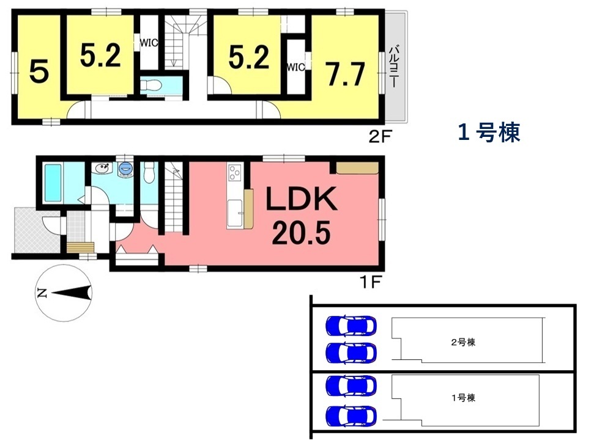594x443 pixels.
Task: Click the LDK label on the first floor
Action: pyautogui.click(x=302, y=199)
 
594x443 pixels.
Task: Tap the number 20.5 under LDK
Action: pyautogui.click(x=301, y=233)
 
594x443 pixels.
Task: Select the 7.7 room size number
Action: pyautogui.click(x=346, y=74)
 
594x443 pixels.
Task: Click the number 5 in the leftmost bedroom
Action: pyautogui.click(x=39, y=72)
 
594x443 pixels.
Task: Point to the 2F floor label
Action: pyautogui.click(x=379, y=137)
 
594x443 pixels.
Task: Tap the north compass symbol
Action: pyautogui.click(x=64, y=293)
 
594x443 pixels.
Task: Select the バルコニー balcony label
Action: pyautogui.click(x=393, y=67)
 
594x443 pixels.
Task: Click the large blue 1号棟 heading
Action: pyautogui.click(x=489, y=133)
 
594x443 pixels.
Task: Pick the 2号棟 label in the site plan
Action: pyautogui.click(x=463, y=342)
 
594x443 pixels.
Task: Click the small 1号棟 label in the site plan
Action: pyautogui.click(x=463, y=398)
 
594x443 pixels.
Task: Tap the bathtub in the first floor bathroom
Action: pyautogui.click(x=53, y=183)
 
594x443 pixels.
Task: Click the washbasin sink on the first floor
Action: pyautogui.click(x=102, y=169)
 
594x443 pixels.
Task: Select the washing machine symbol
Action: pyautogui.click(x=125, y=169)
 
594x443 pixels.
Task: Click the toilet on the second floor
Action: pyautogui.click(x=152, y=86)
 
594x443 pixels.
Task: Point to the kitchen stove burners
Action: pyautogui.click(x=234, y=172)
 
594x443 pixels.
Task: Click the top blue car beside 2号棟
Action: pyautogui.click(x=351, y=325)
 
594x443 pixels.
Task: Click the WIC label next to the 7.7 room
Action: pyautogui.click(x=296, y=67)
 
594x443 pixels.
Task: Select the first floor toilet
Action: pyautogui.click(x=149, y=172)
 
